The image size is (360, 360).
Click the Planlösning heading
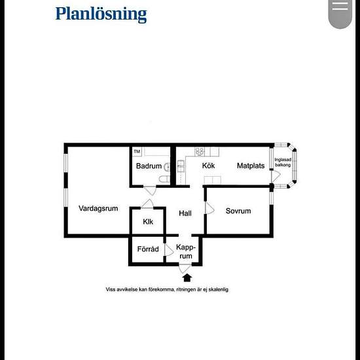pos(101,14)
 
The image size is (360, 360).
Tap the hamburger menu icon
pos(340,6)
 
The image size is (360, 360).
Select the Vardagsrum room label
pos(98,208)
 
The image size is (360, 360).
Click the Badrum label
pos(149,166)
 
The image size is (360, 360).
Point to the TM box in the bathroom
pos(137,152)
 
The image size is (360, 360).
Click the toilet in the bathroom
pos(164,179)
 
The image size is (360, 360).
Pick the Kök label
pos(208,166)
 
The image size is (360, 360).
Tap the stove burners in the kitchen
pos(199,152)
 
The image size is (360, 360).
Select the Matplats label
pos(251,166)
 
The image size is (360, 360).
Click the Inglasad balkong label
pos(283,162)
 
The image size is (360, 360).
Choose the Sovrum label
pos(238,211)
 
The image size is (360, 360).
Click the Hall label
pos(185,213)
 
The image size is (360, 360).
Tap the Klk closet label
pos(148,221)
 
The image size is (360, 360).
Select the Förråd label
pos(148,249)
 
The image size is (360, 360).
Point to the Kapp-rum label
pos(186,251)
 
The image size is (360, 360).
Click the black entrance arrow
pos(187,278)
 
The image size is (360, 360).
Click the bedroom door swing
pos(210,208)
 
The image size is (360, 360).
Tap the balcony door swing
pos(276,176)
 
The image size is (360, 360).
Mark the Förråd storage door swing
pos(169,250)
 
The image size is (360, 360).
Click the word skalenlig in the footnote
pos(219,289)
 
